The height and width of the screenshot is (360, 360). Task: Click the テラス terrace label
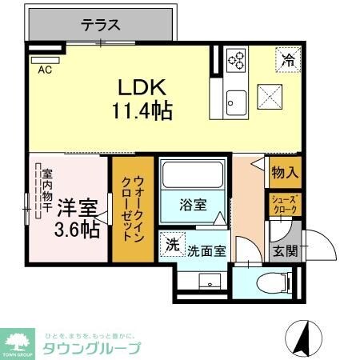pyautogui.click(x=101, y=25)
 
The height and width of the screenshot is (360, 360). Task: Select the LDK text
pyautogui.click(x=144, y=86)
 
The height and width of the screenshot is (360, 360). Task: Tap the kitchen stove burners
pyautogui.click(x=236, y=59)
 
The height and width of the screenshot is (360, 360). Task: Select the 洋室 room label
pyautogui.click(x=78, y=206)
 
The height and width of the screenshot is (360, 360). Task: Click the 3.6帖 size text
pyautogui.click(x=78, y=229)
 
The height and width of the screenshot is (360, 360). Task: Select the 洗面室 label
pyautogui.click(x=206, y=250)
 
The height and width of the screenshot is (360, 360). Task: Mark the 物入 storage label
pyautogui.click(x=284, y=172)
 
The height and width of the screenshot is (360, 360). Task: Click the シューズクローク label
pyautogui.click(x=284, y=204)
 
